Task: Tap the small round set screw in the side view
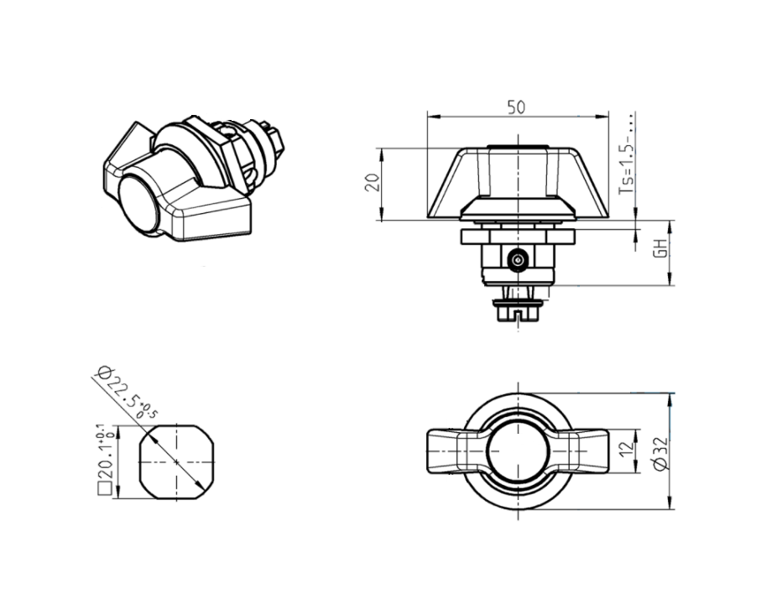tap(519, 261)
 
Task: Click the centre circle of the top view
tap(518, 451)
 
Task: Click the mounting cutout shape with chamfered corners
tap(176, 461)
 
